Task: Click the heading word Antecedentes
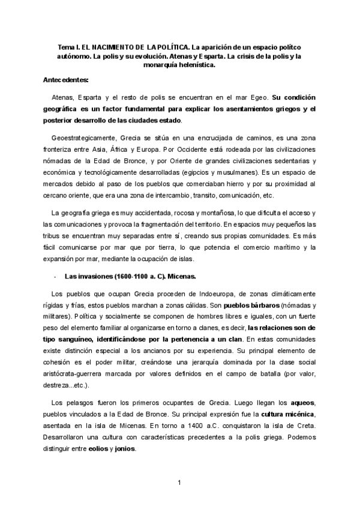click(x=66, y=79)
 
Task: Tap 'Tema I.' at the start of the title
click(x=69, y=46)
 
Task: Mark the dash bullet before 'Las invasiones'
click(x=55, y=276)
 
